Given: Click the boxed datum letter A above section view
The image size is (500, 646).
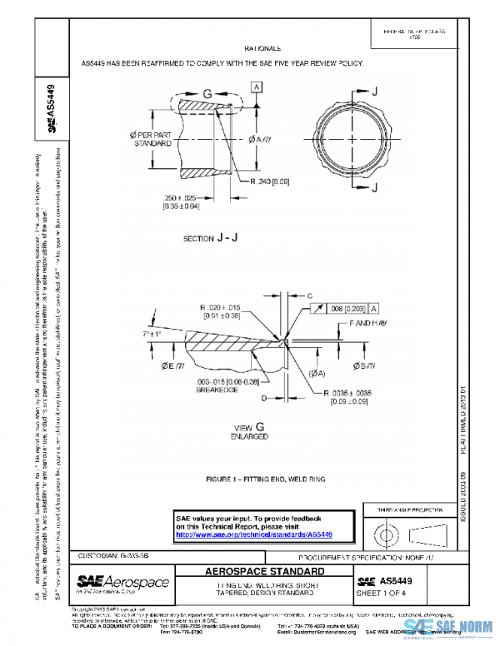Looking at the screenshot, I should click(257, 87).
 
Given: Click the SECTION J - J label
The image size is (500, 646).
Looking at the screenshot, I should click(210, 238).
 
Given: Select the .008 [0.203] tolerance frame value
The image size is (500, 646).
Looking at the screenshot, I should click(343, 308).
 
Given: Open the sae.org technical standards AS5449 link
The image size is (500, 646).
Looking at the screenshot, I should click(253, 534).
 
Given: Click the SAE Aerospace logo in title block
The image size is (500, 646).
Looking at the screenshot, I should click(123, 583).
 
